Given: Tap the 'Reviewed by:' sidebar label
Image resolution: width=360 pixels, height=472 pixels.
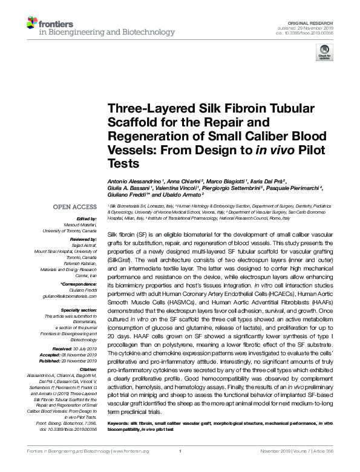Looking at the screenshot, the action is (84, 240).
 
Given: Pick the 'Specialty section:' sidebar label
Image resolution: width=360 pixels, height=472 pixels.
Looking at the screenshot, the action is (79, 310).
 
